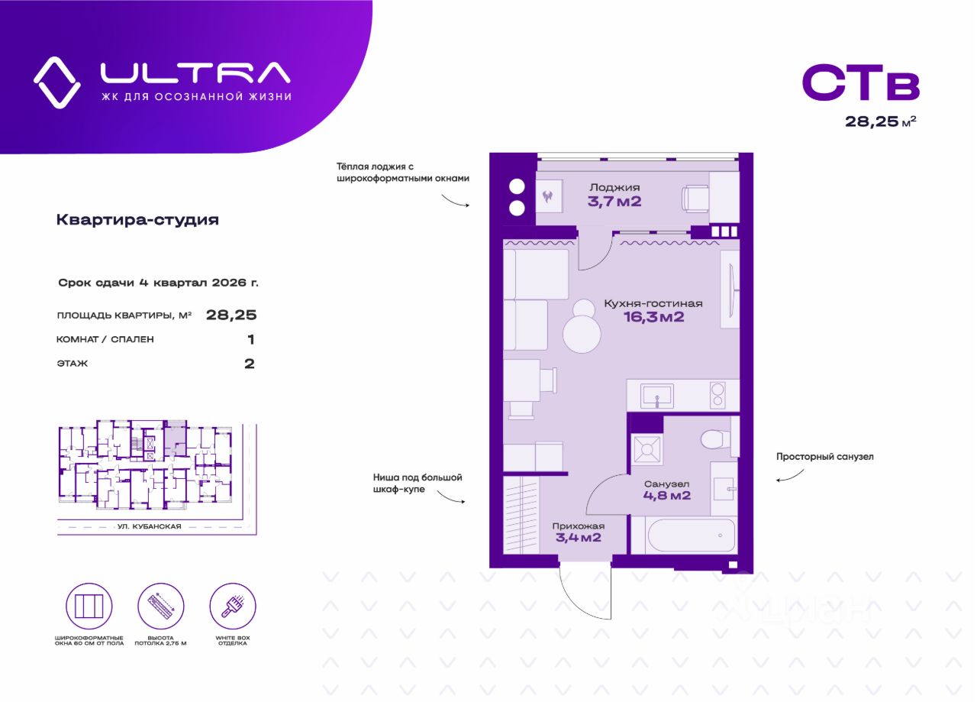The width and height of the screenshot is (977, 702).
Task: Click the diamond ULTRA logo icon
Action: click(57, 82)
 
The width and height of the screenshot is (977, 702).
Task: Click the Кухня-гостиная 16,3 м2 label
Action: click(653, 310)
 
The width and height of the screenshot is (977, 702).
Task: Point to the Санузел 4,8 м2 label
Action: click(666, 490)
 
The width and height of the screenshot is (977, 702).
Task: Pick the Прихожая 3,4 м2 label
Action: click(578, 532)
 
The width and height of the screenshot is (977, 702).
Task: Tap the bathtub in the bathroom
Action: click(692, 535)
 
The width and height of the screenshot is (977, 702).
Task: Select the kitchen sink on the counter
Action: click(656, 396)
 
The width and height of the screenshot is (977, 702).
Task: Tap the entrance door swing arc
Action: click(585, 599)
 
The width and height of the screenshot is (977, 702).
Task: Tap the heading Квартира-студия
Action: click(137, 220)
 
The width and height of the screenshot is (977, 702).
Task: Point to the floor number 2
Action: click(249, 364)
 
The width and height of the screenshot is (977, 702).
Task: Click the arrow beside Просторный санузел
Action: click(789, 476)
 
